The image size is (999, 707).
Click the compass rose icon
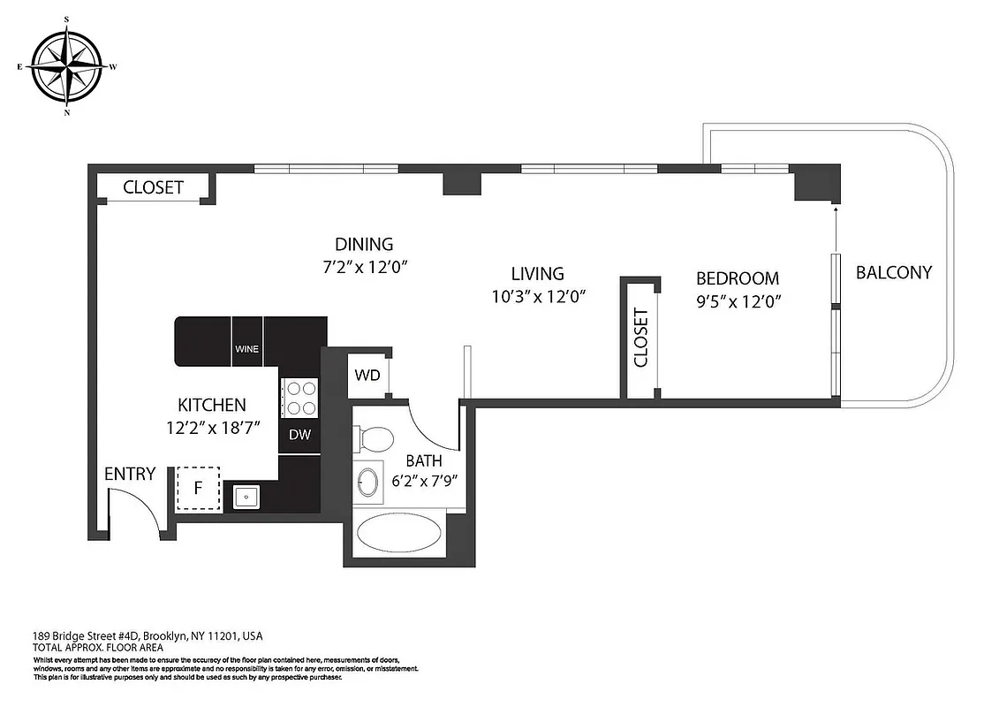pos(67,66)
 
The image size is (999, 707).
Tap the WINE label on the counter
pos(246,348)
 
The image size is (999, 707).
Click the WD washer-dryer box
pos(367,376)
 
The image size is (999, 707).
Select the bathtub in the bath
pos(398,535)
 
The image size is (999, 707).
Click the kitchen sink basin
pos(245,498)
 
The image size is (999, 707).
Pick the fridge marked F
pos(199,488)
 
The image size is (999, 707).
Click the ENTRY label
pos(130,474)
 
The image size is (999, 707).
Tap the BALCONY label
pos(893,272)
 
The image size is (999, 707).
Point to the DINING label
pos(363,244)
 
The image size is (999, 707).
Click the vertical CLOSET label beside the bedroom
pos(640,338)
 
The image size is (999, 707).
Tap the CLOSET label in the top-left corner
pos(153,187)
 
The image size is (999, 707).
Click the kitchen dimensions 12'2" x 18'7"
pos(212,428)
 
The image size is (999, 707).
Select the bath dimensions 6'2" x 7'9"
pos(423,483)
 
